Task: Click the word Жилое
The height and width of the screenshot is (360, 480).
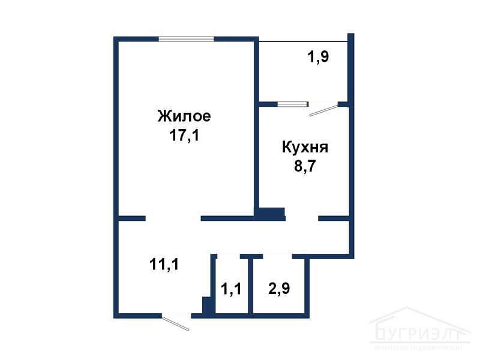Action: (x=184, y=115)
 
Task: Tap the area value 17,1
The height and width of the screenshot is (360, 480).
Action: (x=184, y=136)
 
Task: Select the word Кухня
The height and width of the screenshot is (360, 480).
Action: (x=305, y=147)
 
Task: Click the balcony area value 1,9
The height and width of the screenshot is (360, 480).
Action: (x=318, y=58)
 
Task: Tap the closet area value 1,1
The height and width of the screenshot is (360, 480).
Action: (x=230, y=290)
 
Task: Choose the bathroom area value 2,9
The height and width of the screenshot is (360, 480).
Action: (x=280, y=289)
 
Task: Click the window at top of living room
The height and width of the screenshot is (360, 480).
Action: (x=187, y=39)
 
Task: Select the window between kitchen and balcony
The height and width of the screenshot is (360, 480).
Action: (x=290, y=104)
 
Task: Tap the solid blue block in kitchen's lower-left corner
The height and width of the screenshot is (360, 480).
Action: (x=269, y=213)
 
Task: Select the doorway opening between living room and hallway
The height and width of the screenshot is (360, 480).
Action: (x=173, y=218)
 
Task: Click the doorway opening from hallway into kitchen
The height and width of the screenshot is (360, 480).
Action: (x=302, y=218)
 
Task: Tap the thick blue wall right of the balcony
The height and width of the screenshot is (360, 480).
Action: (x=351, y=69)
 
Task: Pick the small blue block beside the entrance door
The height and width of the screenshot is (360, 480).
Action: (x=208, y=305)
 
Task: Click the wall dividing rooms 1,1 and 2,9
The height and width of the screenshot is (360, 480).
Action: (x=251, y=287)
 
